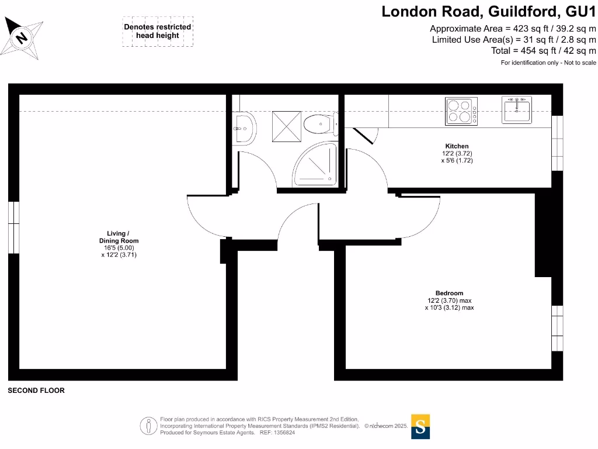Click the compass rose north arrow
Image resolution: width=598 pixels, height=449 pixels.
click(23, 37)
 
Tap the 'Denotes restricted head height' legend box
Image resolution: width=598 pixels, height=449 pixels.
click(157, 32)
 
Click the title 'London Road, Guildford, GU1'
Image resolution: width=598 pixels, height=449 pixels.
click(489, 11)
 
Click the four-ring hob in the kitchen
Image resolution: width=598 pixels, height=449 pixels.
click(460, 110)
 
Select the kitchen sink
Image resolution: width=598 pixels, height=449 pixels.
click(517, 110)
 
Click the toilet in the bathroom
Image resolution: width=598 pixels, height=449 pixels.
click(318, 124)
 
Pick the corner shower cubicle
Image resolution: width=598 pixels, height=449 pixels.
click(316, 163)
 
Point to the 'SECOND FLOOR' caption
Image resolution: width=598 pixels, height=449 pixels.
click(36, 391)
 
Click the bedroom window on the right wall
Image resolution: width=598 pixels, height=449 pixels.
click(557, 327)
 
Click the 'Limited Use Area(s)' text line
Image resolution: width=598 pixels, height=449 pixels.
click(513, 40)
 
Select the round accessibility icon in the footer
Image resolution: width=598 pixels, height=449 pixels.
click(148, 426)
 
